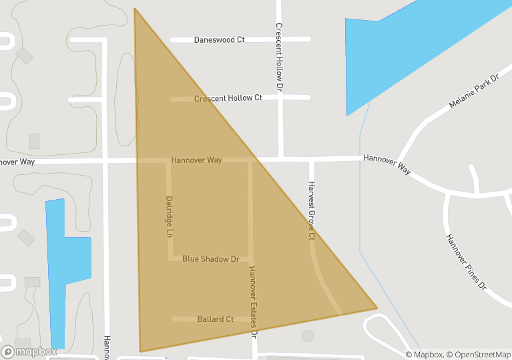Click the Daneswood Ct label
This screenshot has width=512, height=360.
pyautogui.click(x=219, y=40)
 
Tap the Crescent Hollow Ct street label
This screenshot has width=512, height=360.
pyautogui.click(x=228, y=98)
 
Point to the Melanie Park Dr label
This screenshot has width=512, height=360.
pyautogui.click(x=474, y=92)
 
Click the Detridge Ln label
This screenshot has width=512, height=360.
pyautogui.click(x=169, y=217)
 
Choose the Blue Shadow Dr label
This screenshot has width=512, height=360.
pyautogui.click(x=210, y=258)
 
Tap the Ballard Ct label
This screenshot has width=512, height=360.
pyautogui.click(x=215, y=319)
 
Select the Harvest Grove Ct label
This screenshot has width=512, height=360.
pyautogui.click(x=311, y=210)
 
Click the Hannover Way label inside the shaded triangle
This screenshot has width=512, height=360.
pyautogui.click(x=196, y=160)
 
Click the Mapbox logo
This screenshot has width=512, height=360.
pyautogui.click(x=29, y=351)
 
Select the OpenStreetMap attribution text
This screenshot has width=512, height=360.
pyautogui.click(x=478, y=355)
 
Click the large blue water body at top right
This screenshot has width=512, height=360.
pyautogui.click(x=407, y=47)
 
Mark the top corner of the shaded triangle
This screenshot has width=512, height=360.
pyautogui.click(x=135, y=9)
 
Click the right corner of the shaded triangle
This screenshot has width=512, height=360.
pyautogui.click(x=376, y=308)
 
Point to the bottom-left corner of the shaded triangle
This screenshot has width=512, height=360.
pyautogui.click(x=140, y=351)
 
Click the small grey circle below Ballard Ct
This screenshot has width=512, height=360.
pyautogui.click(x=307, y=335)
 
